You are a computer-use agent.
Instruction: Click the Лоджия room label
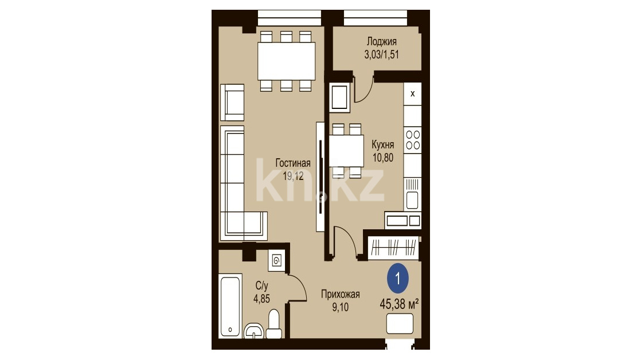click(381, 42)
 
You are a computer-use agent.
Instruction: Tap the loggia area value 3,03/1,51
click(381, 54)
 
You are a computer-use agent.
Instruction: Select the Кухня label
click(382, 144)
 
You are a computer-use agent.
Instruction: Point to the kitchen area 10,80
click(382, 157)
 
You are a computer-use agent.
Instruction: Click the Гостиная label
click(293, 163)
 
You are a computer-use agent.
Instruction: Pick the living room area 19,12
click(293, 176)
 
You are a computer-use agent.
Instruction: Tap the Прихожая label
click(340, 294)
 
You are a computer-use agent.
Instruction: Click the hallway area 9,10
click(340, 307)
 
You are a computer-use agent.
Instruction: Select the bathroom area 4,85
click(261, 299)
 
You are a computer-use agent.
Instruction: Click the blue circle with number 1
click(398, 279)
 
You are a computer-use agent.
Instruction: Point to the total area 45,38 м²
click(399, 304)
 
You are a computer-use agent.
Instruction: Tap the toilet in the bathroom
click(274, 324)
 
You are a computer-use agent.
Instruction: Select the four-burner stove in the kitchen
click(412, 140)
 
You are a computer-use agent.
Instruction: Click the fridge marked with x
click(412, 93)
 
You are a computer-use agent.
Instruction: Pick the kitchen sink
click(412, 194)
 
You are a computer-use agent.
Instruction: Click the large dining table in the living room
click(286, 61)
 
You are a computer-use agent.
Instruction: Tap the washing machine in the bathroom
click(277, 260)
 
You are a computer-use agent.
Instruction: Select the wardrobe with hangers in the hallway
click(394, 248)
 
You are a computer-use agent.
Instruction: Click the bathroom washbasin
click(254, 331)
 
